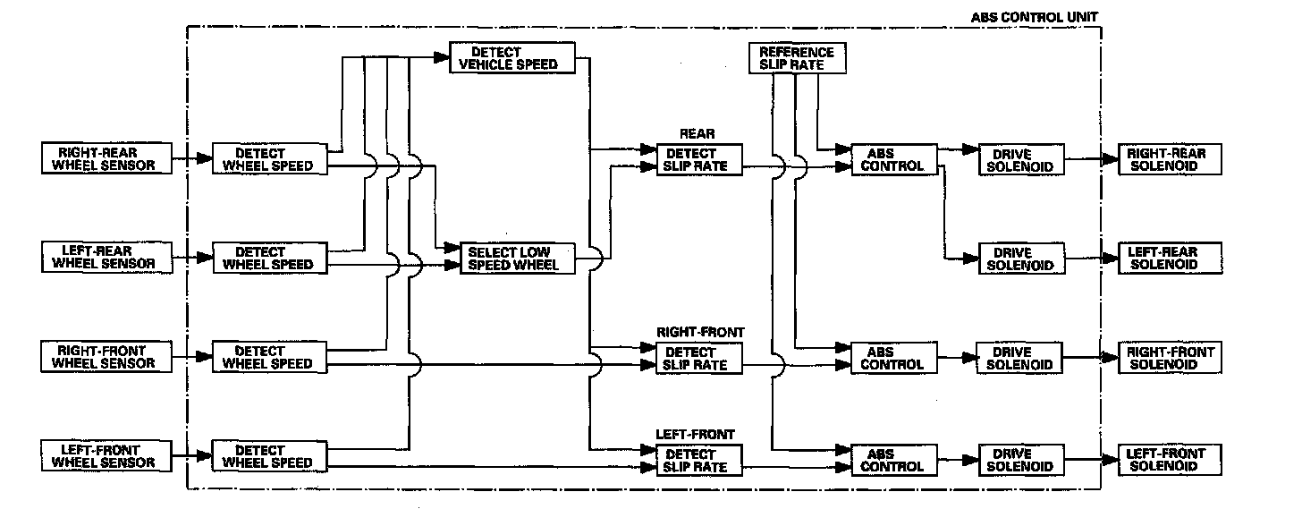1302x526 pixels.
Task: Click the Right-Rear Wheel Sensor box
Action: click(x=106, y=158)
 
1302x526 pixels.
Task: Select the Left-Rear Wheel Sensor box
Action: click(x=106, y=258)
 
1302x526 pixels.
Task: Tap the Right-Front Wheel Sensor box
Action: click(x=106, y=357)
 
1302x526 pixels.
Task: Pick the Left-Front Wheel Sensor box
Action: click(x=106, y=456)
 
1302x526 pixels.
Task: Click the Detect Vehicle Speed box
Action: click(x=512, y=58)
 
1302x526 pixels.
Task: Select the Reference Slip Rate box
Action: click(x=796, y=58)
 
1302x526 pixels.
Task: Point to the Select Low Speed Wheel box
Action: click(x=518, y=259)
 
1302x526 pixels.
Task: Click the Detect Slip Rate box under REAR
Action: click(x=697, y=159)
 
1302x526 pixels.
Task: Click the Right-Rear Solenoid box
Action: click(x=1170, y=160)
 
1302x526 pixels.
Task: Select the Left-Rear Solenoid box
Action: click(x=1170, y=259)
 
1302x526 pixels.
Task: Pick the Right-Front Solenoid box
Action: click(x=1170, y=358)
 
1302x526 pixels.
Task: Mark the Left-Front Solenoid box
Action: click(x=1170, y=460)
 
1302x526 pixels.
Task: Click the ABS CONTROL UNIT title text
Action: click(x=1036, y=17)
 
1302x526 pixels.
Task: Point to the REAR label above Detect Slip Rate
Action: click(x=697, y=134)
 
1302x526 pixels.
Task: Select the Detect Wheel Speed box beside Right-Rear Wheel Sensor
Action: click(x=267, y=159)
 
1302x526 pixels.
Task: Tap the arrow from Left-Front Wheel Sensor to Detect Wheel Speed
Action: click(x=191, y=456)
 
